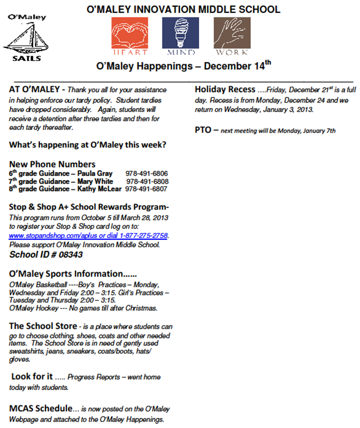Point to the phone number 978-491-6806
[147, 173]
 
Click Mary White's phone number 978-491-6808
[147, 181]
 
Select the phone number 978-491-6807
[147, 189]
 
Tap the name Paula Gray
[94, 173]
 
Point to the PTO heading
[204, 130]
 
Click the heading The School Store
[43, 326]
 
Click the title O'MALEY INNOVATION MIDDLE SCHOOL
[183, 10]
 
